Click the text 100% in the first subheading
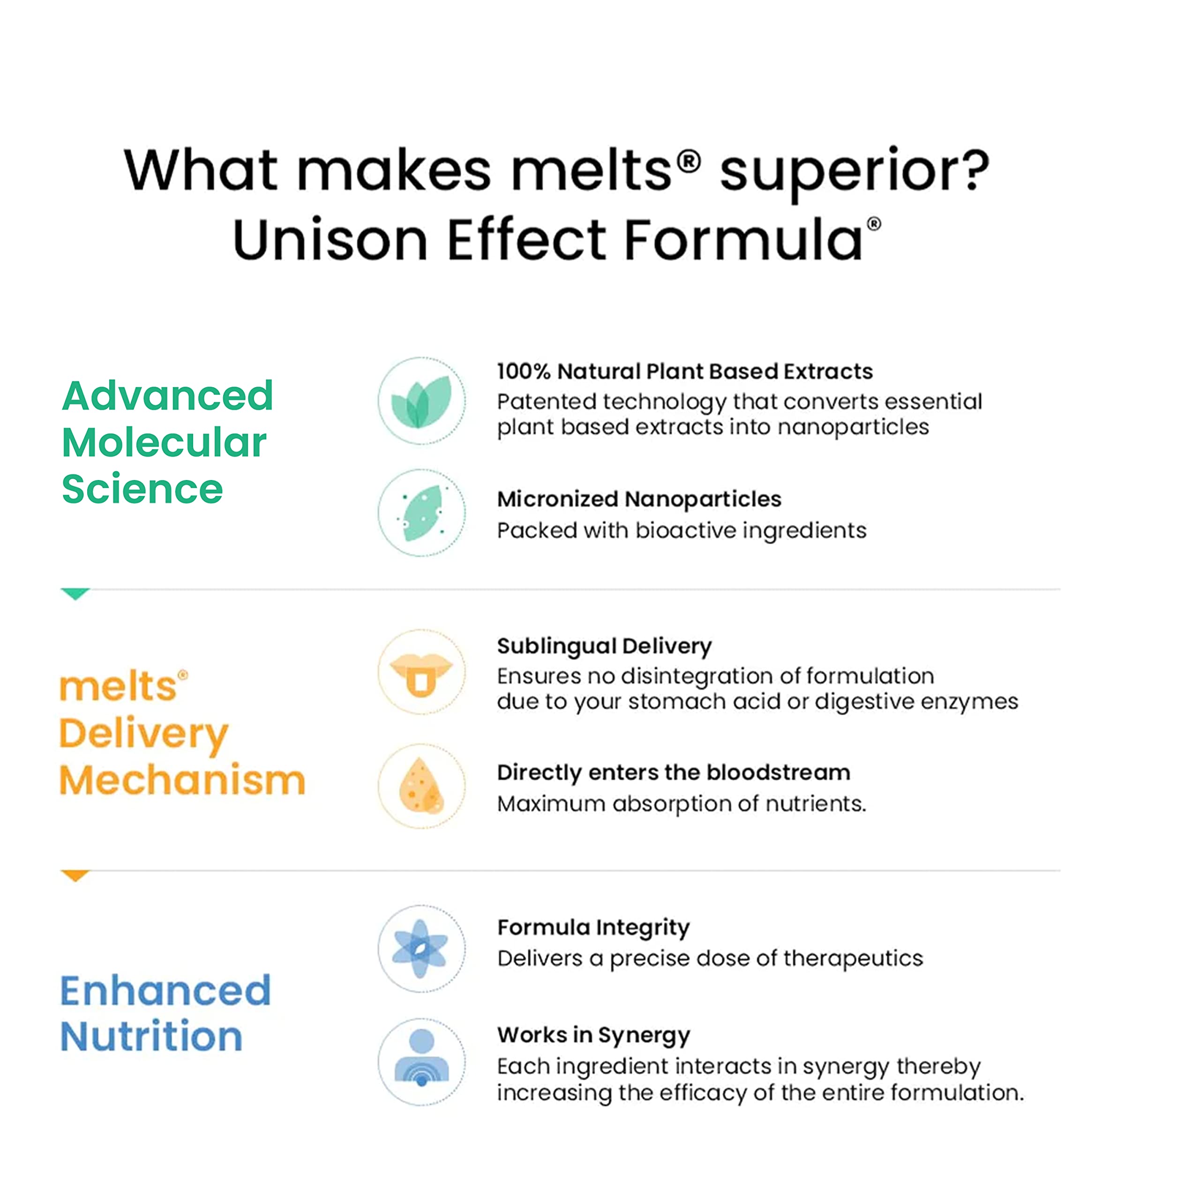523,371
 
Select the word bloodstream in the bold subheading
778,772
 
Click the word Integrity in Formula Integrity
644,927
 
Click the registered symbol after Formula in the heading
874,224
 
